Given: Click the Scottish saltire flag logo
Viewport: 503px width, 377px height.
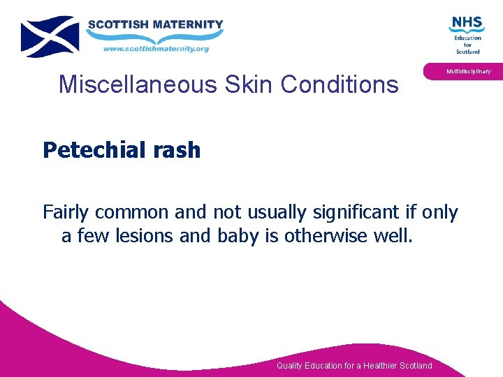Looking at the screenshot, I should (50, 36).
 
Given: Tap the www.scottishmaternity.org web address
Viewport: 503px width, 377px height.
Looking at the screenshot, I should (156, 49).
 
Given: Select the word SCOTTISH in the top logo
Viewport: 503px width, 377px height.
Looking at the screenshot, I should (117, 24).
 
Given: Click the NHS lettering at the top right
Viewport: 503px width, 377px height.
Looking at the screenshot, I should (466, 23).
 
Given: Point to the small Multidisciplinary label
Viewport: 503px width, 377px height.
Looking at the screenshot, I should (469, 71).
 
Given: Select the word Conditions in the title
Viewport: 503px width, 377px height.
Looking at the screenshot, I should (340, 84).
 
